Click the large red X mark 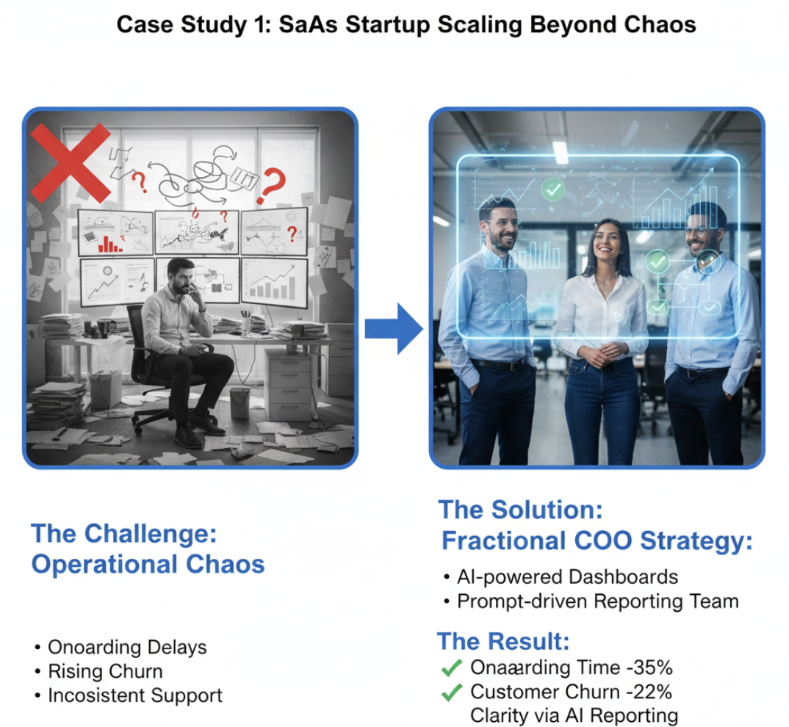pyautogui.click(x=71, y=162)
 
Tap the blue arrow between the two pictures pyautogui.click(x=394, y=328)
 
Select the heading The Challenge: pyautogui.click(x=124, y=534)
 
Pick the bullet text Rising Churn pyautogui.click(x=105, y=671)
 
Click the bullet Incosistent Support pyautogui.click(x=134, y=695)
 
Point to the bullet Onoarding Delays pyautogui.click(x=127, y=647)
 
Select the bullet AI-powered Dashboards pyautogui.click(x=567, y=577)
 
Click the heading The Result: pyautogui.click(x=503, y=641)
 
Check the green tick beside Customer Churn pyautogui.click(x=450, y=692)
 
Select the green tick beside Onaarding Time pyautogui.click(x=450, y=668)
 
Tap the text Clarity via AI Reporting pyautogui.click(x=574, y=715)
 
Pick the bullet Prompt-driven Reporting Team pyautogui.click(x=597, y=601)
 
